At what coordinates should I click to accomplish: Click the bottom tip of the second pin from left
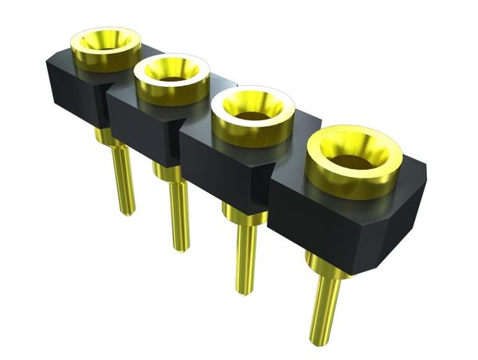(182, 248)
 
